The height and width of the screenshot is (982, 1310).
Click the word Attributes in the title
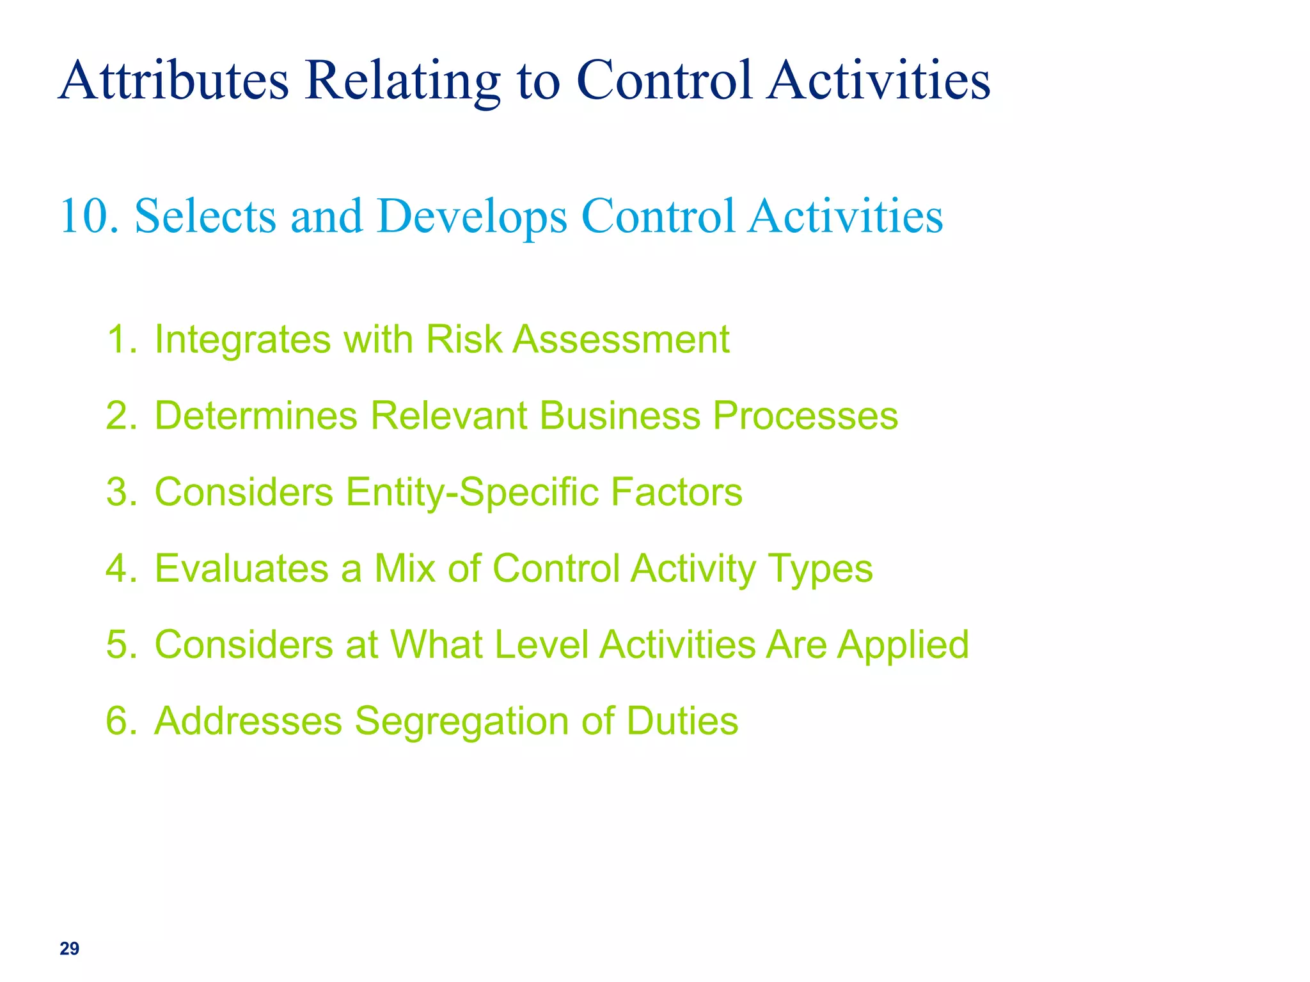pyautogui.click(x=174, y=81)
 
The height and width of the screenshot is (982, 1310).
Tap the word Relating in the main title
pyautogui.click(x=402, y=81)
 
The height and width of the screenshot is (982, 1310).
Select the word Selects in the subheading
pyautogui.click(x=205, y=216)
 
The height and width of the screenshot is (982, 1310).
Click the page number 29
pyautogui.click(x=69, y=948)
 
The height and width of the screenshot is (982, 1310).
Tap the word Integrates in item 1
pyautogui.click(x=242, y=339)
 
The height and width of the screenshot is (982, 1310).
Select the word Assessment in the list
pyautogui.click(x=621, y=339)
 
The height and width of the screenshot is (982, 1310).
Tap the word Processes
pyautogui.click(x=805, y=416)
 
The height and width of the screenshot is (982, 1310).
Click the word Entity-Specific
pyautogui.click(x=472, y=492)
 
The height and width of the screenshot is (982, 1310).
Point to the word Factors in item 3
pyautogui.click(x=676, y=492)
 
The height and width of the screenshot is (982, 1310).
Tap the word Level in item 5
pyautogui.click(x=541, y=644)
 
